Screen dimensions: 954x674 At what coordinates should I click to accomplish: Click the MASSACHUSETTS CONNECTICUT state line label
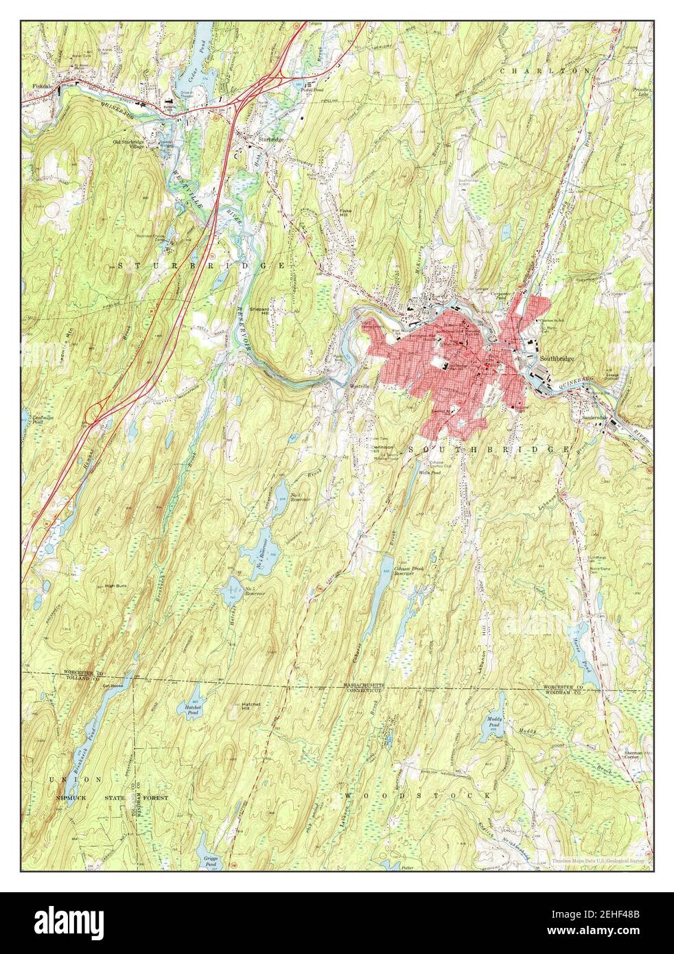coord(367,688)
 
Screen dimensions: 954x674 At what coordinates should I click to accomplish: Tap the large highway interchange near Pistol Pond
coord(275,75)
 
